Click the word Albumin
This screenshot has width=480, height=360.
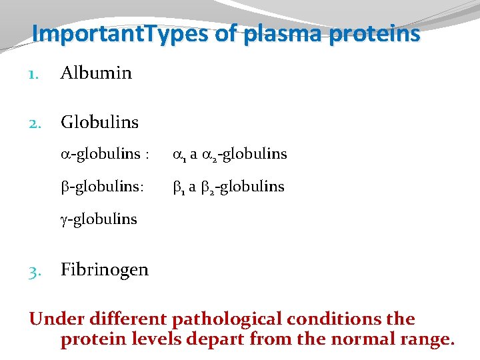point(96,73)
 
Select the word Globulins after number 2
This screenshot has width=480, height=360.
point(99,122)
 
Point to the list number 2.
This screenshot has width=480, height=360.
point(35,123)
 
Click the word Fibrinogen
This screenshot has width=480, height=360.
point(104,269)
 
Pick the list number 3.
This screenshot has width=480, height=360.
point(35,270)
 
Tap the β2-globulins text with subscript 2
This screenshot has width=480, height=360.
point(242,187)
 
